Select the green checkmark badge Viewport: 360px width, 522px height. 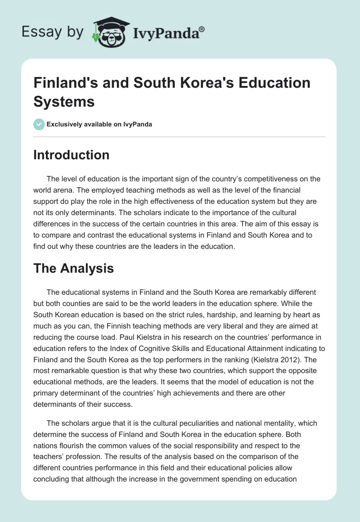(39, 124)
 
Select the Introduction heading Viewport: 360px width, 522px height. (71, 155)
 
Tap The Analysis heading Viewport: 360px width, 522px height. (73, 269)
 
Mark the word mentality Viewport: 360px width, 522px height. (266, 423)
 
